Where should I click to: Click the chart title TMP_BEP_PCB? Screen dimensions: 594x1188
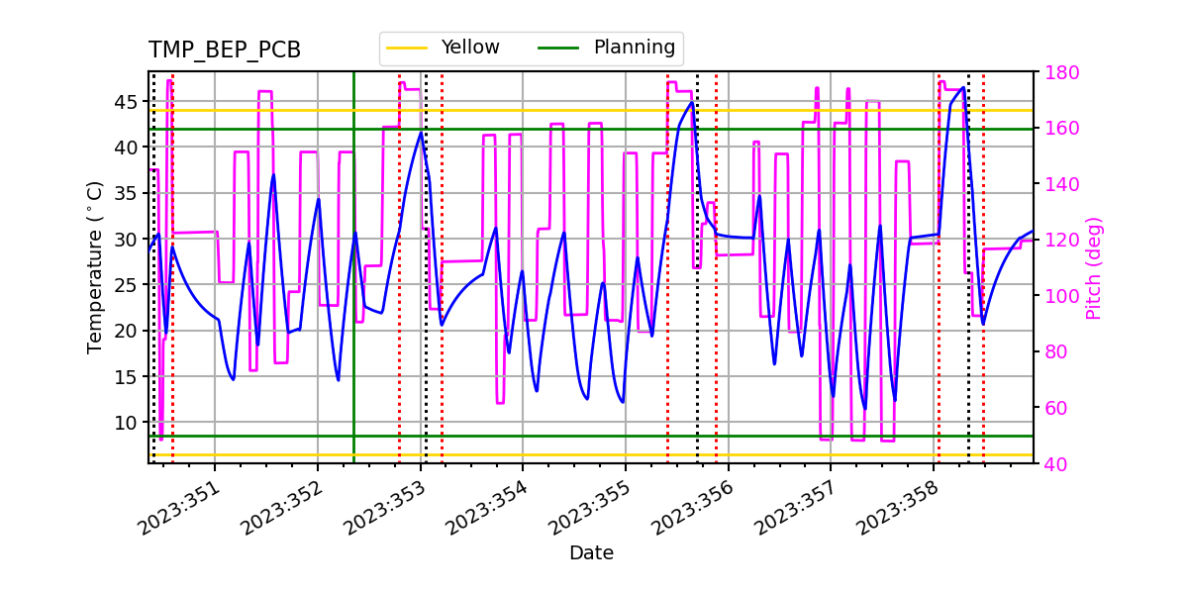pyautogui.click(x=225, y=50)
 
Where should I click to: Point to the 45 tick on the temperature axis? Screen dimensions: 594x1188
pyautogui.click(x=127, y=102)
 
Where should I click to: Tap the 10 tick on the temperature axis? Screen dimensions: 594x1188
pyautogui.click(x=127, y=423)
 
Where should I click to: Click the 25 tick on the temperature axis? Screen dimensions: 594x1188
pyautogui.click(x=127, y=285)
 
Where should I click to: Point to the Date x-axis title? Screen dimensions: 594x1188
pyautogui.click(x=591, y=553)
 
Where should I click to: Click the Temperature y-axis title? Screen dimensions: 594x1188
pyautogui.click(x=95, y=266)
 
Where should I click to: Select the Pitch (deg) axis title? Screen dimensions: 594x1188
pyautogui.click(x=1094, y=267)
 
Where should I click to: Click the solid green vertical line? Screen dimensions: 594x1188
pyautogui.click(x=353, y=297)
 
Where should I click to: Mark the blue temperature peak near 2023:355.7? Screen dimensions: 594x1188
pyautogui.click(x=691, y=103)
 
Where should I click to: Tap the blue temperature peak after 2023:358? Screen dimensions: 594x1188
pyautogui.click(x=963, y=87)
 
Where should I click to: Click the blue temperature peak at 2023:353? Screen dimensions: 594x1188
pyautogui.click(x=421, y=133)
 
